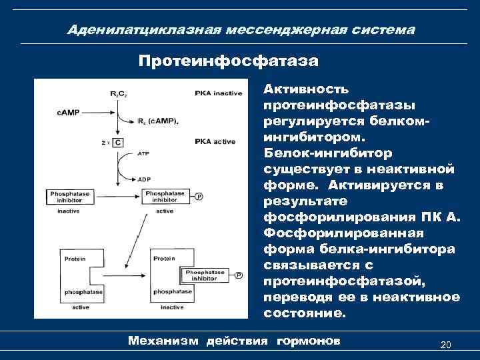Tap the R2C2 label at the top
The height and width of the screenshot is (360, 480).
pyautogui.click(x=119, y=93)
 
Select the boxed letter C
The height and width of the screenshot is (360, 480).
pyautogui.click(x=118, y=142)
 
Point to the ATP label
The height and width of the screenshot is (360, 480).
pyautogui.click(x=143, y=153)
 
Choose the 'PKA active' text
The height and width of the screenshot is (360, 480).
pyautogui.click(x=215, y=141)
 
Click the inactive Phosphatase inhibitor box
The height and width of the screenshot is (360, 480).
pyautogui.click(x=73, y=196)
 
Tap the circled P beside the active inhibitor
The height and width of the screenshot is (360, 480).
pyautogui.click(x=198, y=196)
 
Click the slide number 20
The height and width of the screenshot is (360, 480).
pyautogui.click(x=446, y=345)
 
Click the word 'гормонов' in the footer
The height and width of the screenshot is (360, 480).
pyautogui.click(x=307, y=341)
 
